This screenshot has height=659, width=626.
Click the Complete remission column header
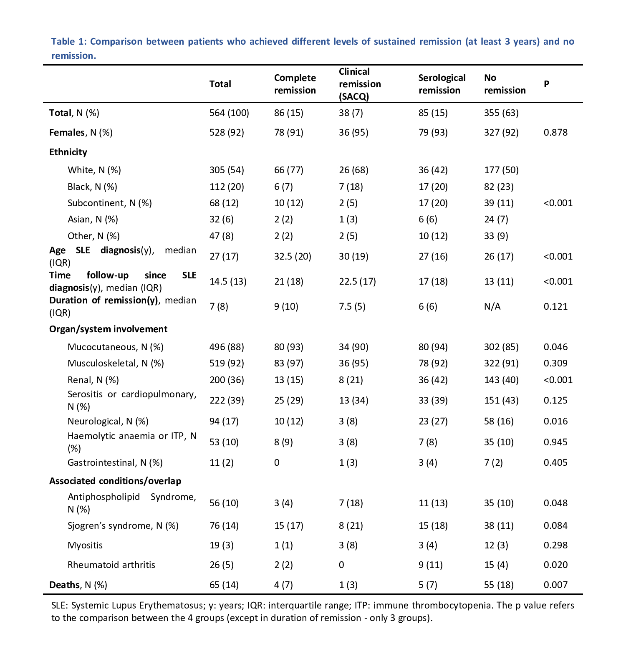(x=295, y=84)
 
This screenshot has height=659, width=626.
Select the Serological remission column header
(x=442, y=84)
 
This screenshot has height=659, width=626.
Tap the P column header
(x=546, y=84)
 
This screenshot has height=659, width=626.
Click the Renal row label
(x=93, y=380)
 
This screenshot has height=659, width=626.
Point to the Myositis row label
(x=85, y=545)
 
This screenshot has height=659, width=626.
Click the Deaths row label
(x=78, y=585)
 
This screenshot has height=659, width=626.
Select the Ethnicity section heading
(x=68, y=152)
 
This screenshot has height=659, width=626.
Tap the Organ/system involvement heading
(x=108, y=329)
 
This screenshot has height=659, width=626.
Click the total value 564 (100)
(x=229, y=113)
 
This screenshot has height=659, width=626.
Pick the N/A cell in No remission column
(x=492, y=306)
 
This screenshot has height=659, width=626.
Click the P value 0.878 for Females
(x=555, y=132)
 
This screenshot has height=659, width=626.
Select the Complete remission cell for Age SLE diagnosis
(x=293, y=256)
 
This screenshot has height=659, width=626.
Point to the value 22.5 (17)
(x=357, y=281)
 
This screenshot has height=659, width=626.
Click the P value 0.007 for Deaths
(x=555, y=585)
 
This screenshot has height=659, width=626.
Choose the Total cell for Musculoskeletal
(x=227, y=363)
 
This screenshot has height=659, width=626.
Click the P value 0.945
(x=555, y=442)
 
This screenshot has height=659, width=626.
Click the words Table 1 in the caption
(x=68, y=41)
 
